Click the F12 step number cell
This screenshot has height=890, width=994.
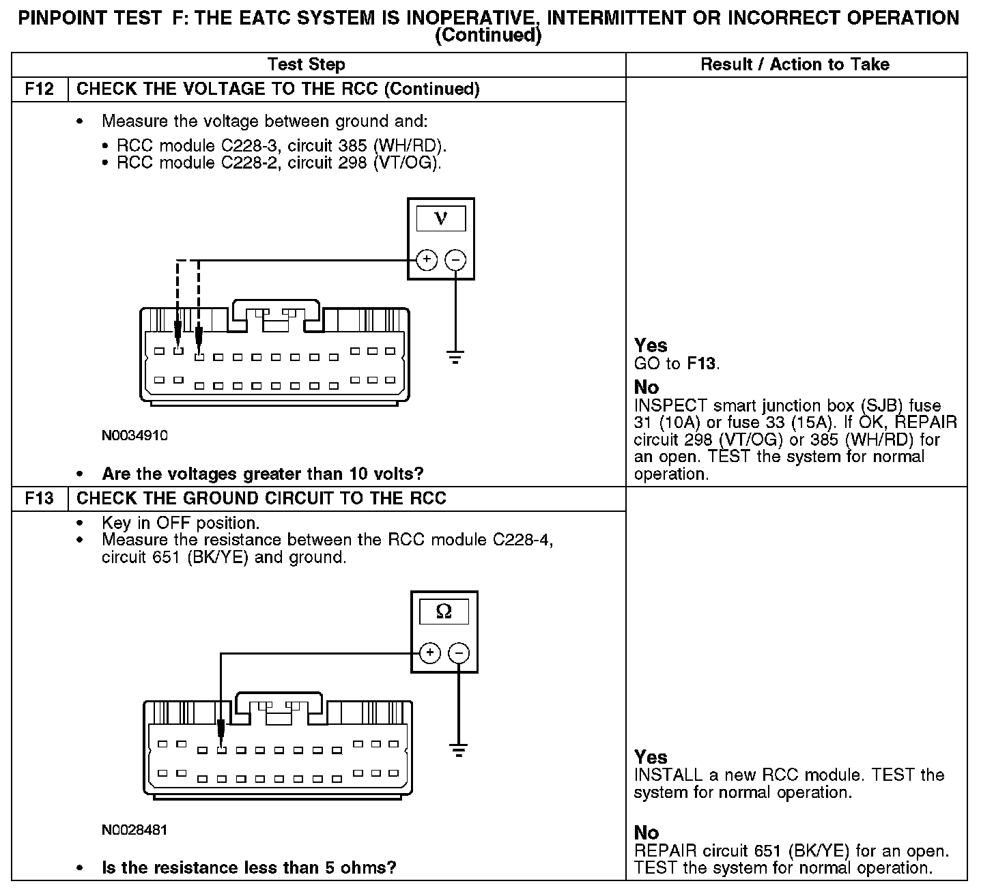40,89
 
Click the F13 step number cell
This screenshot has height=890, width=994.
40,498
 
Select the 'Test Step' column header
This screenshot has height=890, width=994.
306,65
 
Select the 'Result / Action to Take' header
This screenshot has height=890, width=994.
795,65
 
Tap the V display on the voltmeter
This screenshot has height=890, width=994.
441,218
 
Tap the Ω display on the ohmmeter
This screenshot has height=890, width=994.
444,612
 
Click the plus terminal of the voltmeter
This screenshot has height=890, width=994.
427,260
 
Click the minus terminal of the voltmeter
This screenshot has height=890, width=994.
455,260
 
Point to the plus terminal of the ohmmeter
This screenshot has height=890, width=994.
429,653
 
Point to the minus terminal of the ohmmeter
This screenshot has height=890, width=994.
459,653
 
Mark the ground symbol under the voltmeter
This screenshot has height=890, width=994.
455,357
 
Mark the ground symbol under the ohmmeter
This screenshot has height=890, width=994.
459,750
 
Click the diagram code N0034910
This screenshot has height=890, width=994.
134,435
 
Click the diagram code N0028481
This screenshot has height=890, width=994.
134,830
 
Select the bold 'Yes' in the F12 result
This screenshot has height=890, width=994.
651,345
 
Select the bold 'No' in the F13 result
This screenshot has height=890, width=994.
647,833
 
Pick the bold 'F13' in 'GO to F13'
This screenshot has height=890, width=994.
702,364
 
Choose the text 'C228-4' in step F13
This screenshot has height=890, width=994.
522,540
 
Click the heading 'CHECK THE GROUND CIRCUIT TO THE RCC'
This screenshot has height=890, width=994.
261,498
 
